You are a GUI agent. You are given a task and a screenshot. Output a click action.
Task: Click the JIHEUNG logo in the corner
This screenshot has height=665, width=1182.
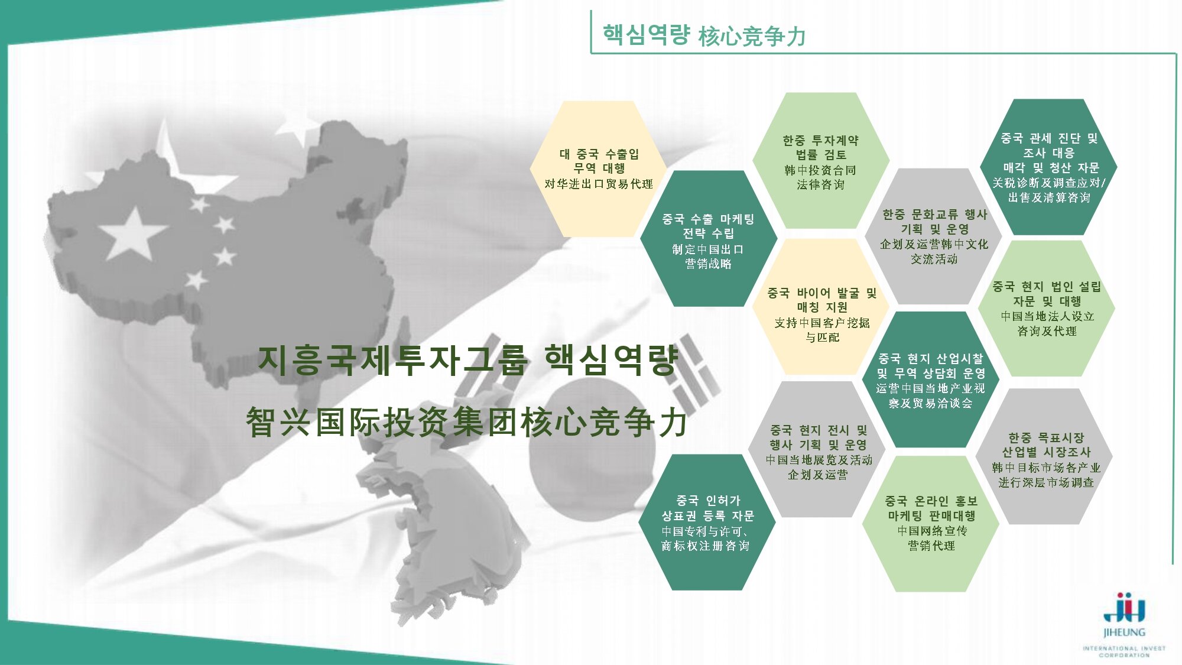coord(1124,624)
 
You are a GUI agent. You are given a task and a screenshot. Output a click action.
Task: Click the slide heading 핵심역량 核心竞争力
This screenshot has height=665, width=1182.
coord(704,35)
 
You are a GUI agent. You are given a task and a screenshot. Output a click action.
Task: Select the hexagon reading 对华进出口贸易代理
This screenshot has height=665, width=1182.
coord(598,169)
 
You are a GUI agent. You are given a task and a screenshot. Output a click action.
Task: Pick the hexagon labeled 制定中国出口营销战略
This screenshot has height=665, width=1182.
coord(709,238)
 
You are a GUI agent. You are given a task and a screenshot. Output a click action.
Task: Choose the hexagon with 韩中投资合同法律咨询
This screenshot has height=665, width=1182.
coord(820,161)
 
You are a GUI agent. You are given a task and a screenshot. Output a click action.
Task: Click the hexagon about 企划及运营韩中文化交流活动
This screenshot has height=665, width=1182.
coord(934,236)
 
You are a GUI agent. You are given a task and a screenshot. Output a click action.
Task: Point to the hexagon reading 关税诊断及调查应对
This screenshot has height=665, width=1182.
coord(1048,167)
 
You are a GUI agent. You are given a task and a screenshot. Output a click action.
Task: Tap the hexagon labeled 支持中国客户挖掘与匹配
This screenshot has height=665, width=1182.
coord(821,307)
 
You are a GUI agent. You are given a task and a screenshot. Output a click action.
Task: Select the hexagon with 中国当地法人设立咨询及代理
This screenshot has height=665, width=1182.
coord(1047,308)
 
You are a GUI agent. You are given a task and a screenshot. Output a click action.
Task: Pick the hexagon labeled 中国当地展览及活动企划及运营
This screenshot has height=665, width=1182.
coord(819,449)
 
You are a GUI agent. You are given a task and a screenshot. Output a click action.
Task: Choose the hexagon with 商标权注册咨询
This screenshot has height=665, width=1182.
coord(707,523)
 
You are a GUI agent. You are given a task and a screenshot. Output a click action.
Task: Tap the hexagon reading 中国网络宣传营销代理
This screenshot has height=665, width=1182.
coord(931,524)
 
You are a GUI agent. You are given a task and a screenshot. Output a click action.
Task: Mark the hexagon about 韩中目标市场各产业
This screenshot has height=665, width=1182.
coord(1045,456)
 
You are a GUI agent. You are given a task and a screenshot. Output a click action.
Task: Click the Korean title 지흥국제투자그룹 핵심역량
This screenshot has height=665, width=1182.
coord(468,360)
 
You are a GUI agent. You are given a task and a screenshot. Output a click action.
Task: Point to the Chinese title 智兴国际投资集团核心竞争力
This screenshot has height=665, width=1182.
coord(467,423)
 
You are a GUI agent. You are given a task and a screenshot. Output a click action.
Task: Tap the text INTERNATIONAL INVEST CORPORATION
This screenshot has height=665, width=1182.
coord(1124,651)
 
